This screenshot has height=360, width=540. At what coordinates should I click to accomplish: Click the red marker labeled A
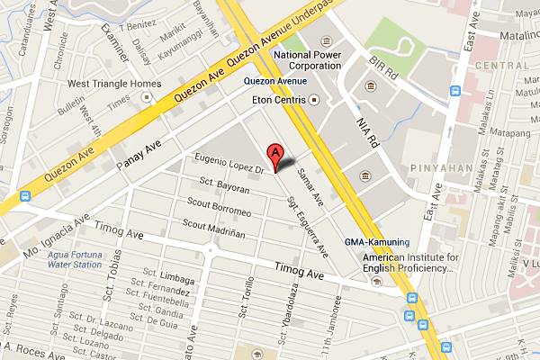[x=277, y=154]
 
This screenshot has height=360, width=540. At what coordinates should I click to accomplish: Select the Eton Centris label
[x=281, y=98]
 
